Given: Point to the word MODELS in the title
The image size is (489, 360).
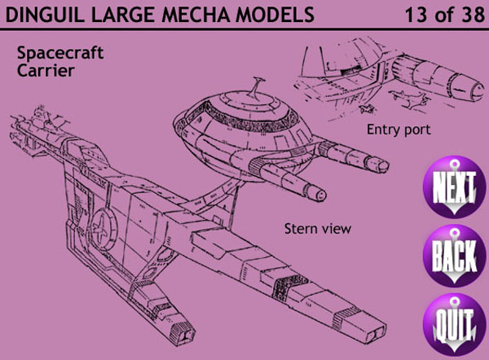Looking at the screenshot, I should [280, 14].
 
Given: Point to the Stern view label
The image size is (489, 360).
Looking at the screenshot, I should [317, 229].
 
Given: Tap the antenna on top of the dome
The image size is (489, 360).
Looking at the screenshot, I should [257, 86].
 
